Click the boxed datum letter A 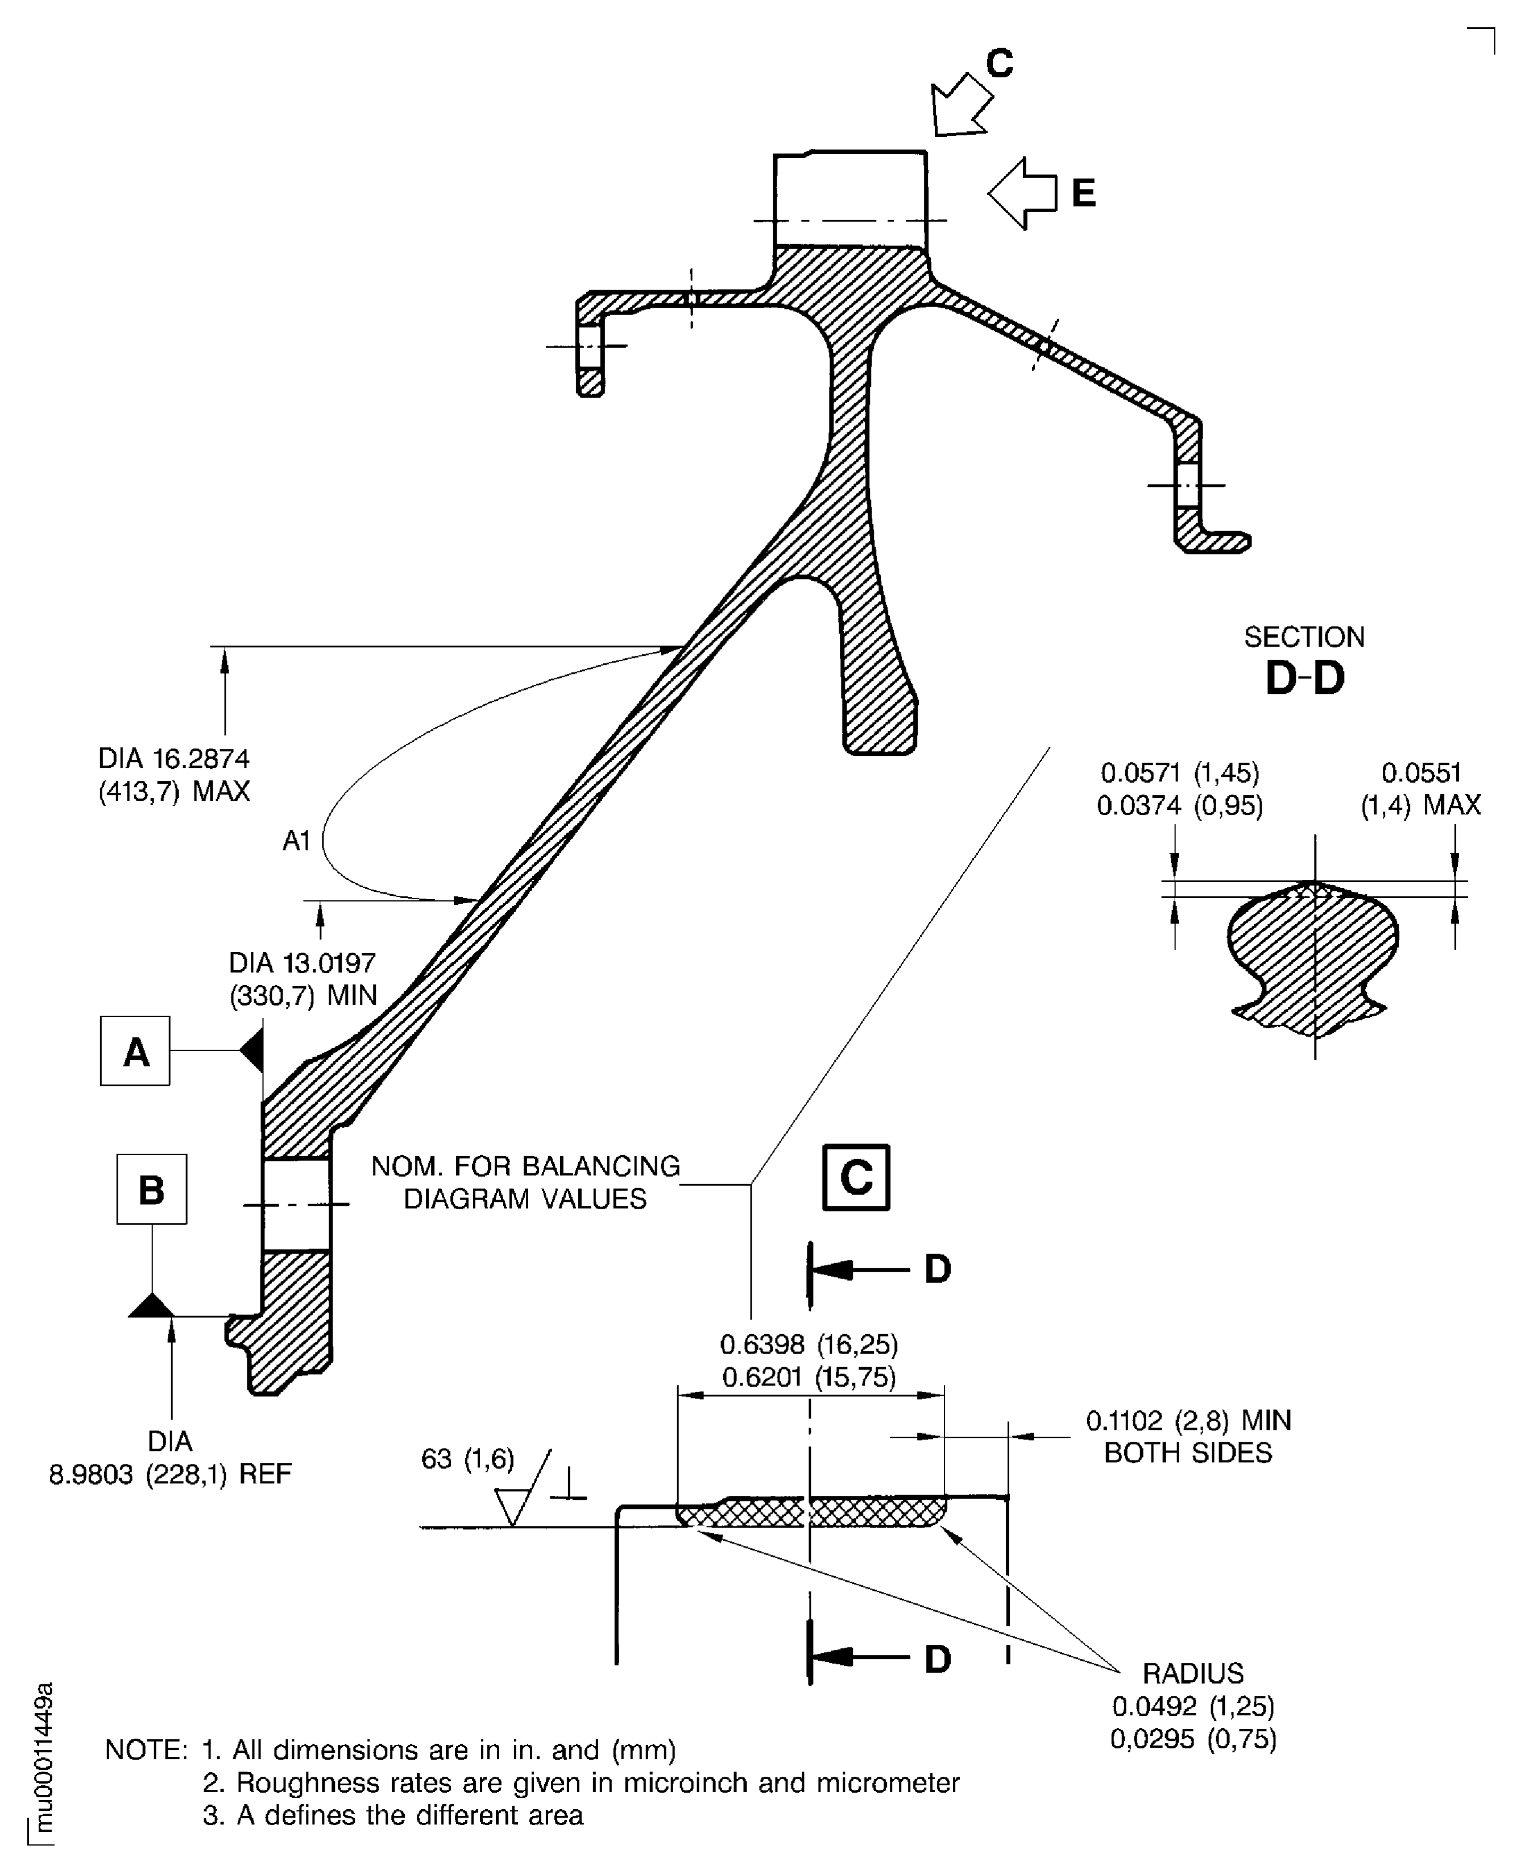(x=135, y=1051)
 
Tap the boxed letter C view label (x=856, y=1177)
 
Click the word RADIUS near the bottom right (x=1193, y=1673)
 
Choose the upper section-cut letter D (x=937, y=1269)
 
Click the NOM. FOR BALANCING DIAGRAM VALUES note (x=525, y=1182)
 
